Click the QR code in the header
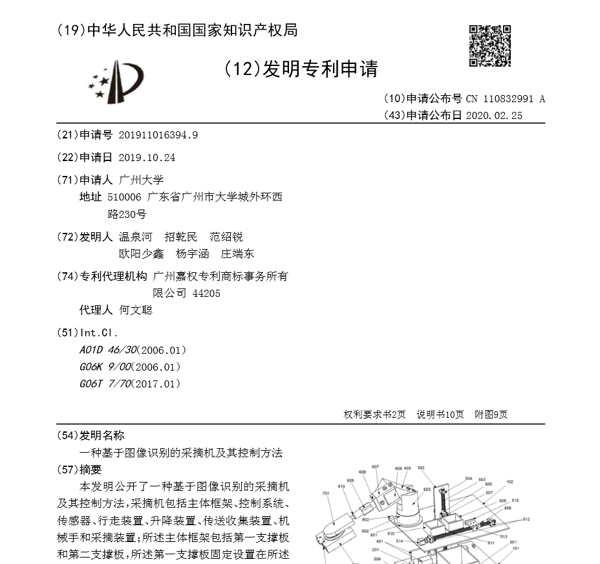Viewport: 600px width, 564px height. click(x=489, y=46)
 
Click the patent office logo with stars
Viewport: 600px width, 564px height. click(x=111, y=81)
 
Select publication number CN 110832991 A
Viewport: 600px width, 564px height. click(x=506, y=99)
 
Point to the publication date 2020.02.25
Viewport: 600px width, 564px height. click(x=493, y=116)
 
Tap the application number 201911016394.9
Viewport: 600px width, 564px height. click(x=158, y=135)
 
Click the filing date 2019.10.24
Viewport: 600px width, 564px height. click(x=147, y=157)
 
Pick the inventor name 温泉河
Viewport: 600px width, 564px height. click(x=136, y=237)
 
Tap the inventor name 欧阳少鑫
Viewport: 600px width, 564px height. click(x=142, y=254)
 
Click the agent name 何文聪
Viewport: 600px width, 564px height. click(x=136, y=310)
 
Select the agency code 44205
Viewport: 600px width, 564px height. click(x=206, y=293)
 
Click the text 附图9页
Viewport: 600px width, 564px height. click(x=491, y=415)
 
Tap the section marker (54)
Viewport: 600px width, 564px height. click(x=68, y=435)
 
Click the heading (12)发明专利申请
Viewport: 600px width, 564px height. click(x=301, y=69)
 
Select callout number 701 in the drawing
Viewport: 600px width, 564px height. click(x=325, y=493)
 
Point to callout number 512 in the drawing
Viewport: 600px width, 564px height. click(x=526, y=519)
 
